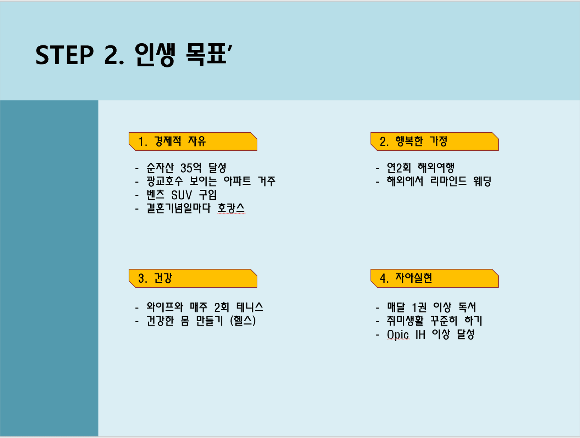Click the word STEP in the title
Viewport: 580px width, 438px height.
(65, 55)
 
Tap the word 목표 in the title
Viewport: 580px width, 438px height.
(206, 55)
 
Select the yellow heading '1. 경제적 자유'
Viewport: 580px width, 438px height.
(193, 142)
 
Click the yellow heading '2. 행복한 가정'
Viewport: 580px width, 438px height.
(434, 142)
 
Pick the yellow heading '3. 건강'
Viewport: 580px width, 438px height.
(193, 278)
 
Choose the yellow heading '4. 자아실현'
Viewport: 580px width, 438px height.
(434, 278)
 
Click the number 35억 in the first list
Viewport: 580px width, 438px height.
(191, 168)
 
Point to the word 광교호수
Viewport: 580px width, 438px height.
(164, 181)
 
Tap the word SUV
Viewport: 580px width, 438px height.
(181, 195)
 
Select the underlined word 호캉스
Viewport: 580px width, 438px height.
(231, 208)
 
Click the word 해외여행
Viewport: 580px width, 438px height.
(436, 168)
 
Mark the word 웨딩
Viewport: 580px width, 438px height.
(482, 181)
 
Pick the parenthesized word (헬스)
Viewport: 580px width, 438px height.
(243, 321)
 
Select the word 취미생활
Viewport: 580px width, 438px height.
(405, 321)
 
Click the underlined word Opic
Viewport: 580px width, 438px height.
(398, 335)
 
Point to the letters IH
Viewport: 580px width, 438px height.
(420, 334)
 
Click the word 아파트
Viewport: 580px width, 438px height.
(237, 181)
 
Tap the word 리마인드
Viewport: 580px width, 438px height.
(448, 181)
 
